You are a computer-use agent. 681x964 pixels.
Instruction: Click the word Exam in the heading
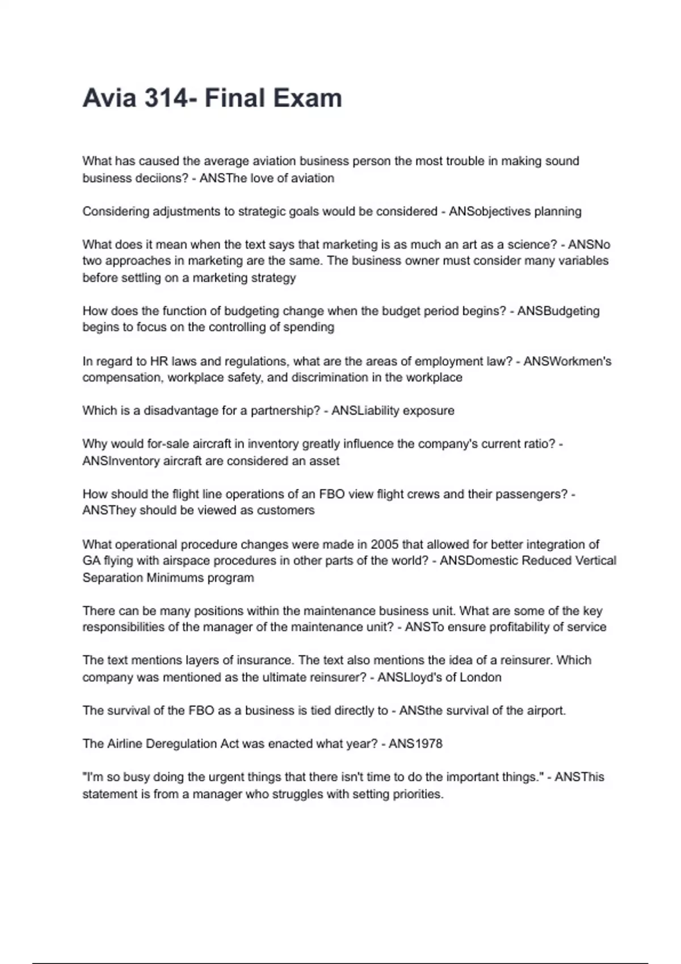[x=308, y=98]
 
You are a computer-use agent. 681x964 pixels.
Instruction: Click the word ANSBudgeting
[x=558, y=311]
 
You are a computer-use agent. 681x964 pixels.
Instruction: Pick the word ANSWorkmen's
[x=567, y=361]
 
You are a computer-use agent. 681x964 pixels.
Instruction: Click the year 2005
[x=384, y=544]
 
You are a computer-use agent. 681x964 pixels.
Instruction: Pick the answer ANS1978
[x=415, y=743]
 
